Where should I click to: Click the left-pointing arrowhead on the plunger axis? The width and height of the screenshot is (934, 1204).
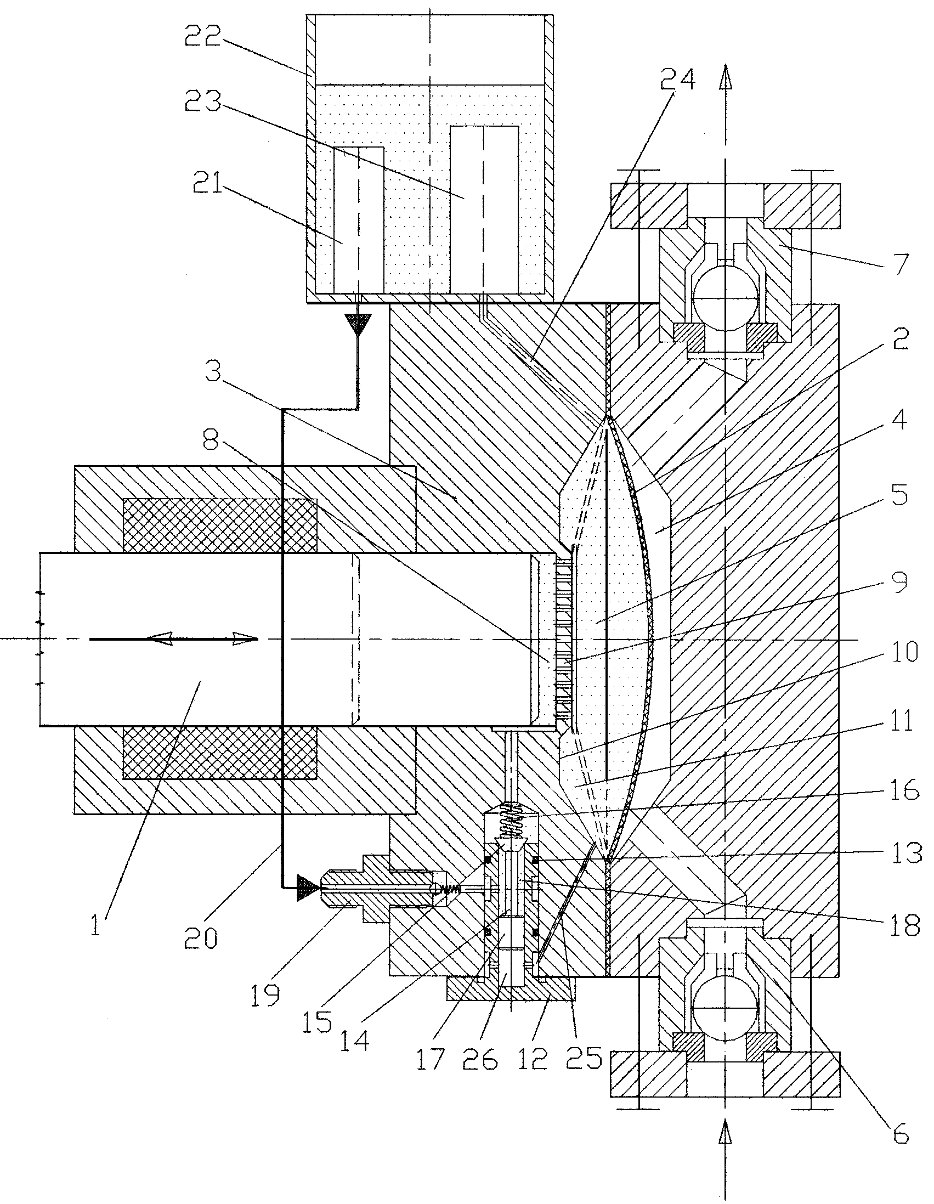(x=161, y=639)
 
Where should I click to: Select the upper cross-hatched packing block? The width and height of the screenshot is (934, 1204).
(x=220, y=525)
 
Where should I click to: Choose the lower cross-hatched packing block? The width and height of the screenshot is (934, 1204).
(x=220, y=753)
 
